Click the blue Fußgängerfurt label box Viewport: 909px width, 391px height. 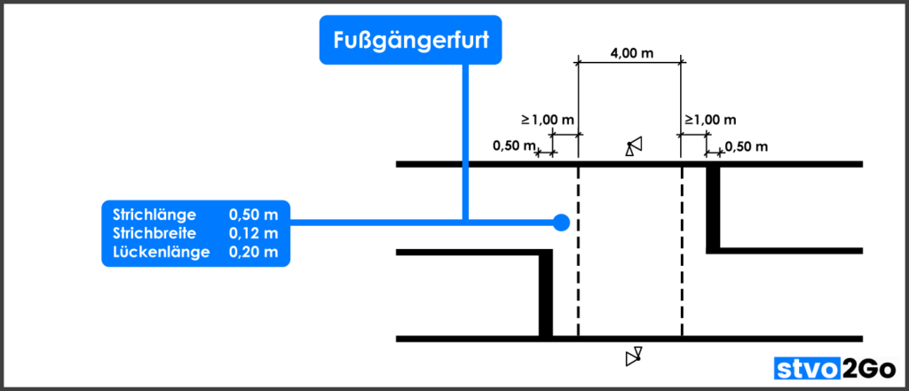(x=410, y=42)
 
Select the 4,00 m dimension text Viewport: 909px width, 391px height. (x=631, y=53)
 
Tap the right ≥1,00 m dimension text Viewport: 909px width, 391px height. (x=711, y=119)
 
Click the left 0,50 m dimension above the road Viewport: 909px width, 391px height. (x=515, y=145)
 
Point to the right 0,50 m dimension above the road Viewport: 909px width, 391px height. (x=747, y=146)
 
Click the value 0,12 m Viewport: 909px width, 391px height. (x=254, y=233)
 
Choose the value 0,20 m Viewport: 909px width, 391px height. (x=254, y=252)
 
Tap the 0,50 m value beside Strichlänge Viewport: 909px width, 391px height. (x=254, y=215)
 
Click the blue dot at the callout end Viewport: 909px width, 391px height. (x=560, y=223)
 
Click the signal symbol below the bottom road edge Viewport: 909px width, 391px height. (x=633, y=356)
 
